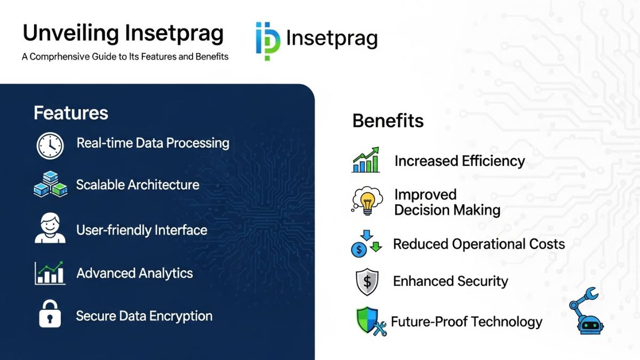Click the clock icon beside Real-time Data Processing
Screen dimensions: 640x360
pos(50,146)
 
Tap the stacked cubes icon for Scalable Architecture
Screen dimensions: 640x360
pos(51,184)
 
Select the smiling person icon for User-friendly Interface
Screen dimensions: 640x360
pos(50,228)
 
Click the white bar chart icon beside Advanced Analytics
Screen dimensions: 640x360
pos(50,273)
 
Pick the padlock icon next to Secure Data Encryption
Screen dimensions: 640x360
pos(50,314)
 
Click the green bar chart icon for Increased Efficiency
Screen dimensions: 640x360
pos(366,160)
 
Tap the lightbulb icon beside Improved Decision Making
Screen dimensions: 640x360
pos(367,201)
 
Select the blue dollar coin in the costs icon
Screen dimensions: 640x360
pos(359,250)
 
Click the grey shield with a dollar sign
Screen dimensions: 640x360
pos(367,282)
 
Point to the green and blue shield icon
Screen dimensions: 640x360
pos(367,320)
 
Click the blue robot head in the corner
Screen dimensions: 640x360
pos(590,325)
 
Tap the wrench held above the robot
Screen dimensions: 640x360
pos(589,295)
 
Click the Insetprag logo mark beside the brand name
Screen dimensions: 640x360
pos(267,41)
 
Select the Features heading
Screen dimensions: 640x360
pos(71,113)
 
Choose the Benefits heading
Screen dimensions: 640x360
pos(388,121)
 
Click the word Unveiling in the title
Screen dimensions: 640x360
pos(70,34)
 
